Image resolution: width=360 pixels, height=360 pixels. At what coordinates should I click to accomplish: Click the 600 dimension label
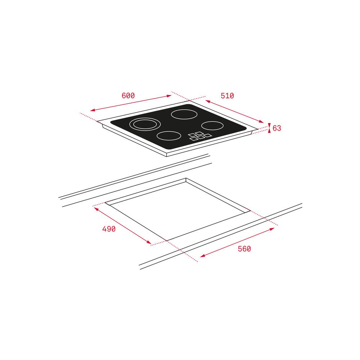(x=128, y=95)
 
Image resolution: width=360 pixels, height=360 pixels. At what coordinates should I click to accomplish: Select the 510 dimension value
(x=227, y=96)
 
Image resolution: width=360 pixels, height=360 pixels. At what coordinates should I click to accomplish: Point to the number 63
(x=276, y=128)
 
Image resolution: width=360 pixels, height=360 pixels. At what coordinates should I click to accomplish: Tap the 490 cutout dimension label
(x=109, y=229)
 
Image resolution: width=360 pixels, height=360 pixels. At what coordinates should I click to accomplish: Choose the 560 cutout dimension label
(x=244, y=249)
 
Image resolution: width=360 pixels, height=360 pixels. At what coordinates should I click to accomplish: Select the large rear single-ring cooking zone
(x=184, y=114)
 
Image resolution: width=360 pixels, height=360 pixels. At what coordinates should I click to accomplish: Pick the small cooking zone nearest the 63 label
(x=212, y=126)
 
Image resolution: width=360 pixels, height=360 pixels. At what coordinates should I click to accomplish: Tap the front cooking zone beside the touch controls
(x=169, y=136)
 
